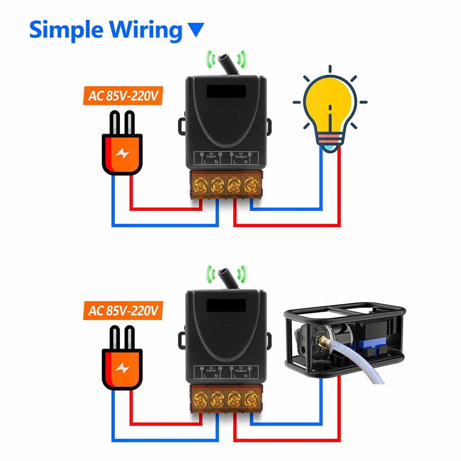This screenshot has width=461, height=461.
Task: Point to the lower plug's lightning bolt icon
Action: [123, 367]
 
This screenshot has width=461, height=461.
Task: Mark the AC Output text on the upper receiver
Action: [241, 155]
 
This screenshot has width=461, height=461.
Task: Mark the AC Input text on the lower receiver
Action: [211, 369]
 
